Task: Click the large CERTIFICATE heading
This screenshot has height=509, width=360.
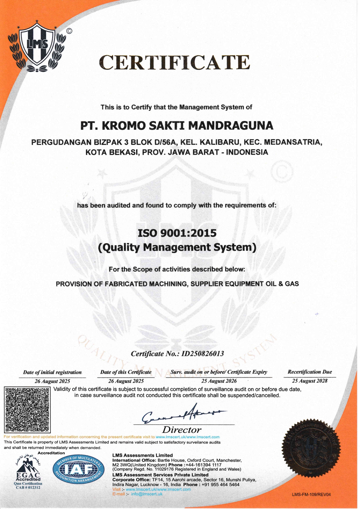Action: pos(174,62)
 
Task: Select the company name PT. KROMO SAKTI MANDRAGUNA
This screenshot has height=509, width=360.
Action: pos(177,125)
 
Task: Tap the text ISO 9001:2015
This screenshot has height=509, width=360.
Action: pos(177,233)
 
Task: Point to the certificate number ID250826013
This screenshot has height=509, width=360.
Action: pos(203,353)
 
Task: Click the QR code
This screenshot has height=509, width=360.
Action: pos(28,409)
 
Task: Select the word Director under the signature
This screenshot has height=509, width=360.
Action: pos(182,430)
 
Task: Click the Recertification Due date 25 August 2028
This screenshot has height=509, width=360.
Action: pos(310,381)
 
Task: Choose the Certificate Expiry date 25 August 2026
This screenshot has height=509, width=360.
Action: pos(219,381)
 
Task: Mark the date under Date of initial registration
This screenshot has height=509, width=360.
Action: pos(52,381)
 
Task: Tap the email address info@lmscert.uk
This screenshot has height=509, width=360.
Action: pos(147,494)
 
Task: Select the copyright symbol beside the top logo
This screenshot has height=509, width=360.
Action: pos(69,31)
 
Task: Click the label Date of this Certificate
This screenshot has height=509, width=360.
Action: pos(126,372)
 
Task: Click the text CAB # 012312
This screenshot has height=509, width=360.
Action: pos(28,488)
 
